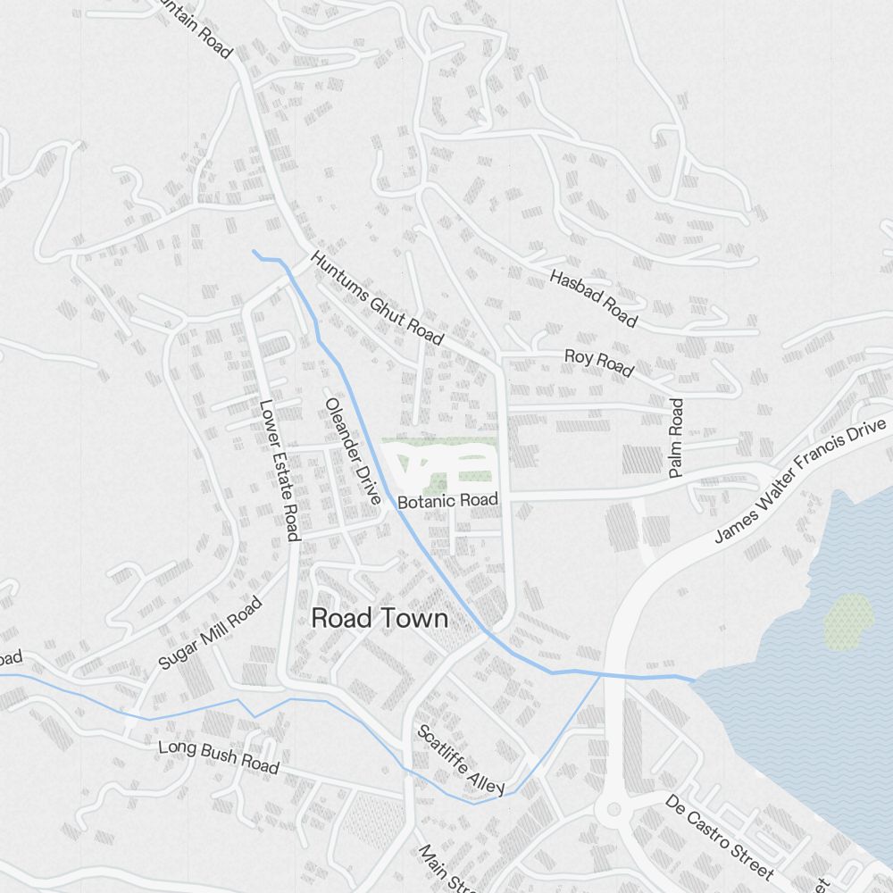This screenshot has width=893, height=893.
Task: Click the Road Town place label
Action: tap(380, 618)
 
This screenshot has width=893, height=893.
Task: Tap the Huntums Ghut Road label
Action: tap(377, 298)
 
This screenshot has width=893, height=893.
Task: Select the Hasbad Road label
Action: tap(594, 298)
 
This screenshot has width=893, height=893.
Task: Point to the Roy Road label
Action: tap(598, 363)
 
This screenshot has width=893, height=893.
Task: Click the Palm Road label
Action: tap(676, 438)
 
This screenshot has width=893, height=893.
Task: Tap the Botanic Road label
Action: tap(447, 501)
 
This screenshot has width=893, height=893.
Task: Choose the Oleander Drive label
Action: tap(353, 451)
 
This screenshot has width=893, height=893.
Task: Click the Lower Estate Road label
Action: tap(278, 469)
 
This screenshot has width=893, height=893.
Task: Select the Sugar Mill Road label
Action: tap(210, 634)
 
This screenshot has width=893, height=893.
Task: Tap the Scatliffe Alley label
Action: tap(461, 759)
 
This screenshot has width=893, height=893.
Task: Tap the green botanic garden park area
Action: tap(438, 463)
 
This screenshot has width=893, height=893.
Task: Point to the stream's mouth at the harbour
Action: tap(693, 680)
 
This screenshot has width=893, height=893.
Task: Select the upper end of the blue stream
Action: tap(255, 252)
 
